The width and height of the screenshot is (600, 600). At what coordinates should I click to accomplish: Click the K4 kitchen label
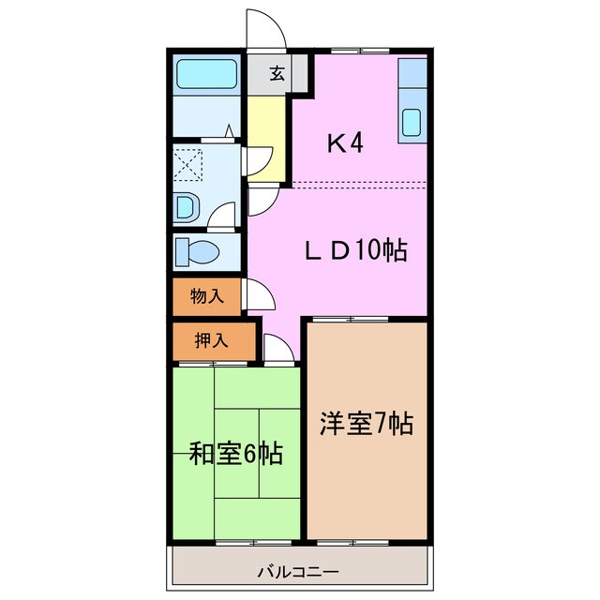point(344,143)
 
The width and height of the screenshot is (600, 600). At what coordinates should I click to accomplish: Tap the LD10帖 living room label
point(353,250)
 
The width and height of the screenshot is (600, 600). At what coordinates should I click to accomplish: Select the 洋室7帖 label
point(366,423)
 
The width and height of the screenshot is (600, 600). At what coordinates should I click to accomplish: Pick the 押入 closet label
point(211,341)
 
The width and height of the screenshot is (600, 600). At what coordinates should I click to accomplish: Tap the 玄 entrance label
point(277,74)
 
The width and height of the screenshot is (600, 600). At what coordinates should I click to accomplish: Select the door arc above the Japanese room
point(277,348)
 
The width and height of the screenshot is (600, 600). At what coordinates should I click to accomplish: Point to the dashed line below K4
point(360,182)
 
